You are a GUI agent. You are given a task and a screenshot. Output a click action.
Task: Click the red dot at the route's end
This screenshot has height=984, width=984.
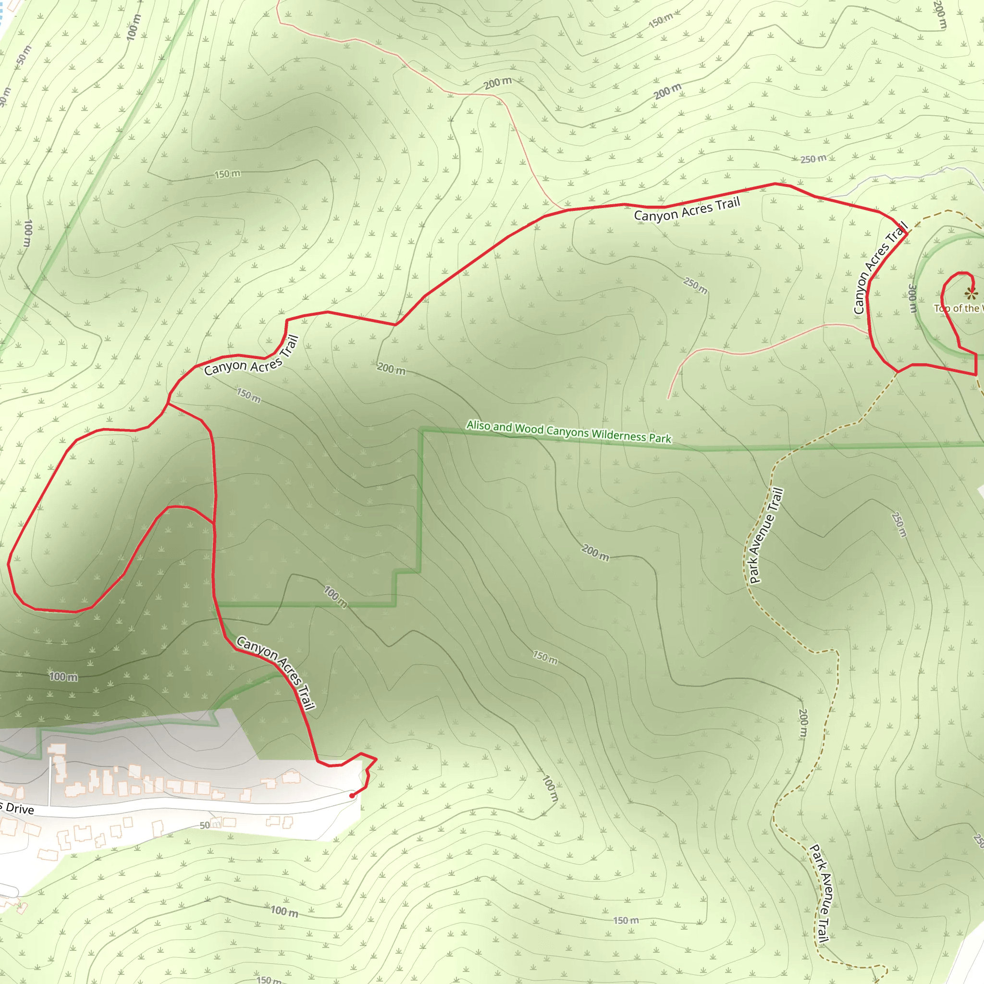[352, 796]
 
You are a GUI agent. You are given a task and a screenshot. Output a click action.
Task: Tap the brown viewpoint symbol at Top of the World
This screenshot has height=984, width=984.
[971, 293]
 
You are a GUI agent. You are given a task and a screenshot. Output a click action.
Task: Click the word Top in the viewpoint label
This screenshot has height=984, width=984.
[942, 308]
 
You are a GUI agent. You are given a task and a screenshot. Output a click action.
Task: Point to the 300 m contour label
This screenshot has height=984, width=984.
[913, 298]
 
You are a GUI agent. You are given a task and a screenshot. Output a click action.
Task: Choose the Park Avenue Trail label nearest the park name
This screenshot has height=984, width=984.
[766, 535]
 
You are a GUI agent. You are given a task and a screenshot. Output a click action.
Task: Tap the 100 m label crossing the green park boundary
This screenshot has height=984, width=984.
[336, 597]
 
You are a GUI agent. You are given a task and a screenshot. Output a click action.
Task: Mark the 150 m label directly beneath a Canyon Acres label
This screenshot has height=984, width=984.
[248, 395]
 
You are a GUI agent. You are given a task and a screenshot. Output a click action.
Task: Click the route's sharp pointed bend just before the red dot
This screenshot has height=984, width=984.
[376, 759]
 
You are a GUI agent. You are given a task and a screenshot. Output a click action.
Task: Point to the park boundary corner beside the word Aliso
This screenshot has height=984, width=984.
[422, 431]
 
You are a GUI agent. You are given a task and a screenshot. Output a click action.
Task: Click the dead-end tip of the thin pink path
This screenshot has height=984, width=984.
[668, 399]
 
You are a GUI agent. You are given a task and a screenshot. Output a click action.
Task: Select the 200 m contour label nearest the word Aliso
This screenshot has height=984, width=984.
[391, 368]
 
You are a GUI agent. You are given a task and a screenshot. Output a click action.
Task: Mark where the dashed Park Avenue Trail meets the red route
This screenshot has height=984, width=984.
[898, 372]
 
